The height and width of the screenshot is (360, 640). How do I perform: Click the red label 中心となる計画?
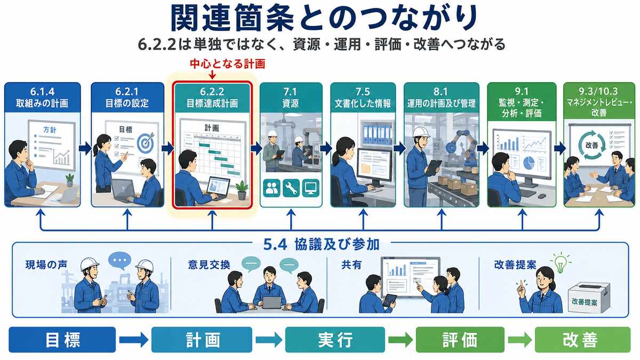(227, 64)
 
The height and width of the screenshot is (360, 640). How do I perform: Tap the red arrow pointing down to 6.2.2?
(212, 74)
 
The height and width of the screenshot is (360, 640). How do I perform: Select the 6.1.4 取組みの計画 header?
(42, 98)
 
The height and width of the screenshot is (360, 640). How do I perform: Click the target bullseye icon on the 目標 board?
(146, 143)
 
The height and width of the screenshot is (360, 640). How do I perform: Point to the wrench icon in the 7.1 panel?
(291, 188)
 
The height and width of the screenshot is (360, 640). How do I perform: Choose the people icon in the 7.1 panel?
(271, 188)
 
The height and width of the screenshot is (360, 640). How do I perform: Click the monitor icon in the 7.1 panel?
(310, 188)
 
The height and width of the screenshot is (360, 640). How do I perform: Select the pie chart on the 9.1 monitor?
(529, 163)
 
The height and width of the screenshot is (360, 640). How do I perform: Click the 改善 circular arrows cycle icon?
(591, 145)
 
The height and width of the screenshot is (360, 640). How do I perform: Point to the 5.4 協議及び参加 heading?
(321, 244)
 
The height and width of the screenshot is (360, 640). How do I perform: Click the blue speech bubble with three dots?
(120, 261)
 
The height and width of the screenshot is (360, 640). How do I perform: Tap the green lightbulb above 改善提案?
(561, 262)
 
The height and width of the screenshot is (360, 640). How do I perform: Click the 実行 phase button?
(335, 340)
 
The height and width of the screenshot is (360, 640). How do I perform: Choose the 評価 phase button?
(460, 340)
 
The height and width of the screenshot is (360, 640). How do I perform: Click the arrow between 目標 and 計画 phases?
(134, 340)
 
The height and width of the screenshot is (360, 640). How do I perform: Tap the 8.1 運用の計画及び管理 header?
(442, 98)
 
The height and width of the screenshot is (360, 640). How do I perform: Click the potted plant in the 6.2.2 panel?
(242, 190)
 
